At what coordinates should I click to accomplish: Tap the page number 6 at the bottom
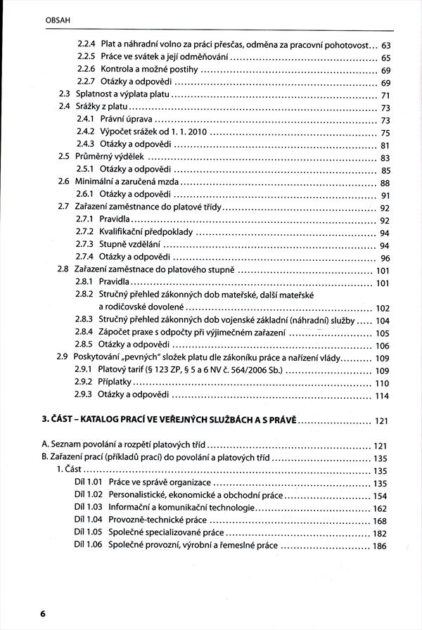point(42,614)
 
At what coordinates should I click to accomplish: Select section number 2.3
point(64,96)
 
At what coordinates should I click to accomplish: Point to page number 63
point(385,46)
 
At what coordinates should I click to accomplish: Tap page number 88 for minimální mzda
point(385,182)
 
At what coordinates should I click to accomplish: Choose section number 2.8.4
point(85,333)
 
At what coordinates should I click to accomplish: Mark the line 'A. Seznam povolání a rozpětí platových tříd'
point(125,446)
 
